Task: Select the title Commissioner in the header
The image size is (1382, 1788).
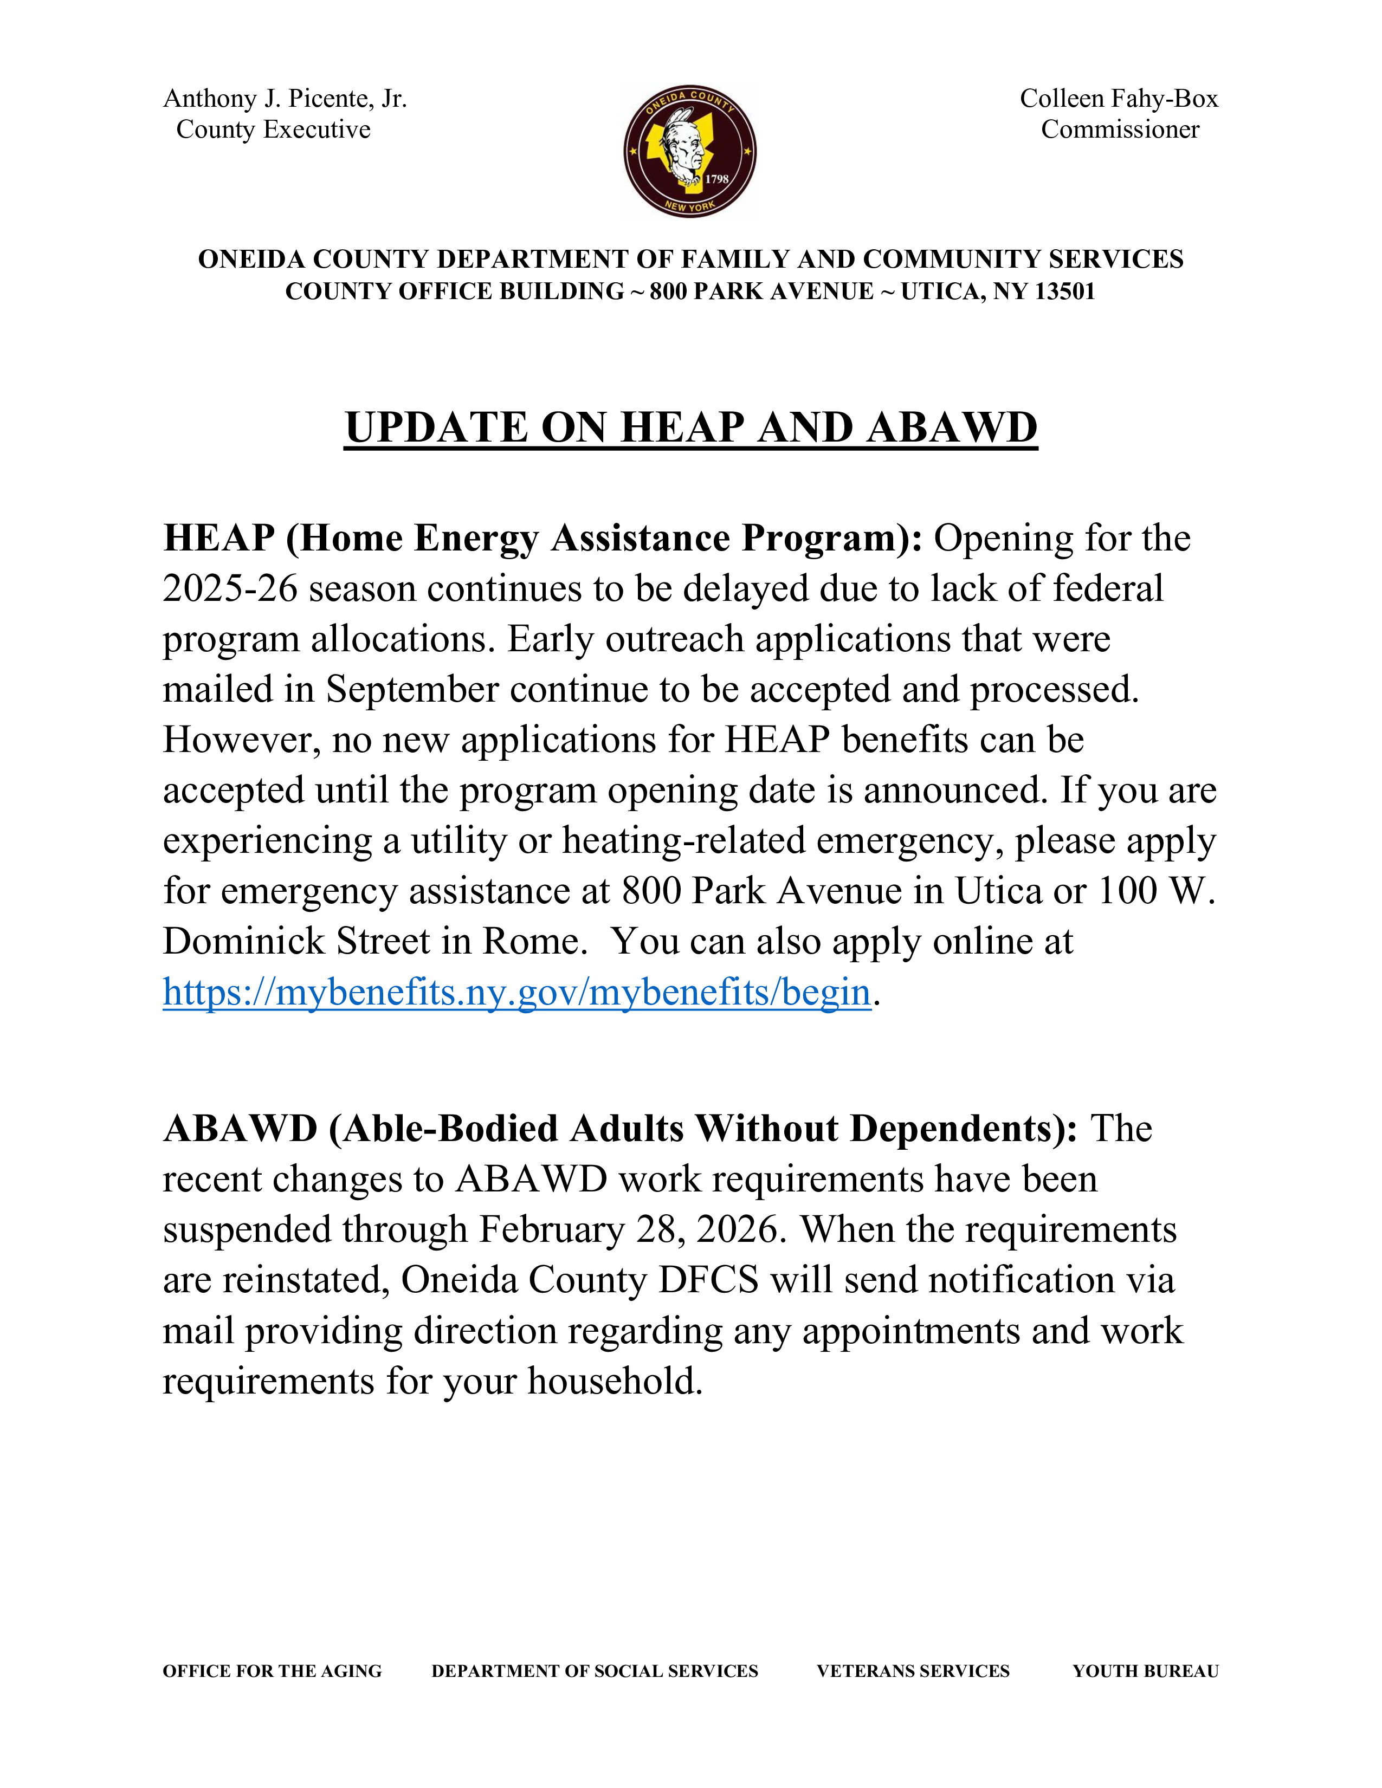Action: click(1119, 129)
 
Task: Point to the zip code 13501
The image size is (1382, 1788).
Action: click(1064, 291)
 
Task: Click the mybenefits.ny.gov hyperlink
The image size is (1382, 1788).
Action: click(516, 992)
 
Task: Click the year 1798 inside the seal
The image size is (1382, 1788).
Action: click(716, 178)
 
